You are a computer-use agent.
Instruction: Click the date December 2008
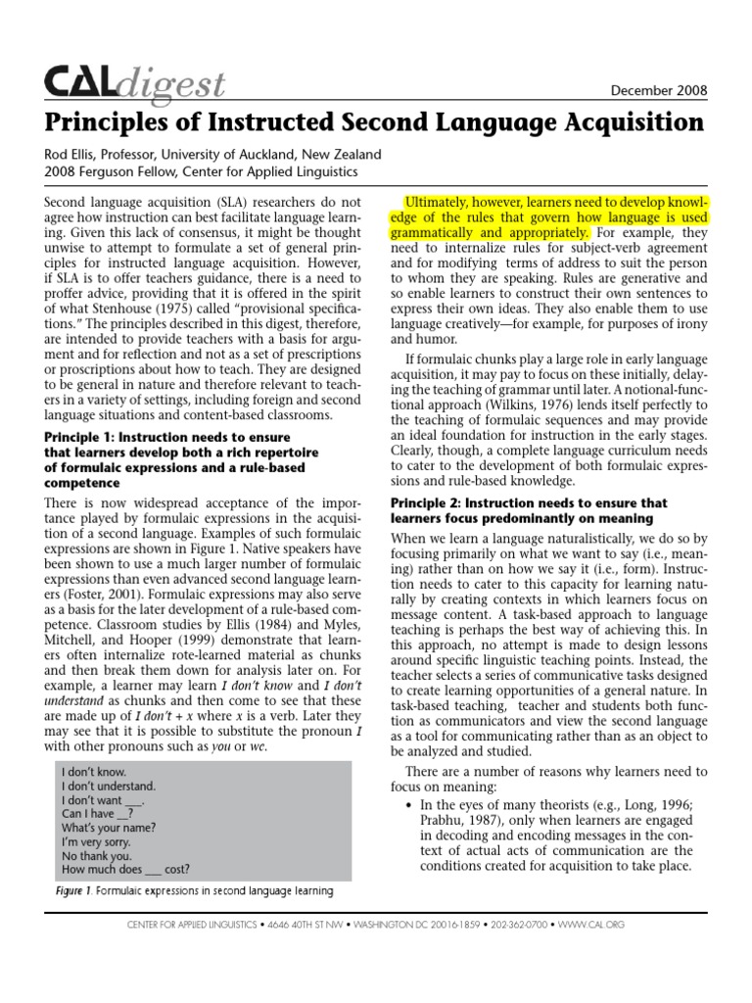pos(658,90)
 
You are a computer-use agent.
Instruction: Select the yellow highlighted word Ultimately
pos(441,200)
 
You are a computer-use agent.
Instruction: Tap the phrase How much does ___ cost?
pos(125,868)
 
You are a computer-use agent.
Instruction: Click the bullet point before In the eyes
pos(408,804)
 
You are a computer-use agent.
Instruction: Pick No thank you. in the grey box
pos(96,854)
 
